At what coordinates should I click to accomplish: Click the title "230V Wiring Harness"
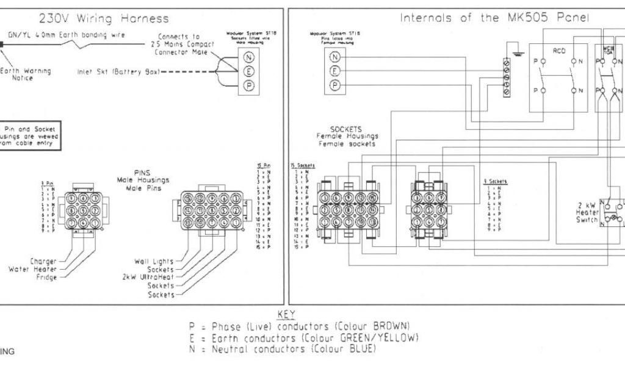104,19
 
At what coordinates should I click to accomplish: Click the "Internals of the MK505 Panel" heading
494,18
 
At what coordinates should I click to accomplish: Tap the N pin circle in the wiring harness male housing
249,57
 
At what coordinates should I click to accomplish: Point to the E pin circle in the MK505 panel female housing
334,71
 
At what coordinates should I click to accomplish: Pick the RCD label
559,51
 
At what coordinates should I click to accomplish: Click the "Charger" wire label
43,261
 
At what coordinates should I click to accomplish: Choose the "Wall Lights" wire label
153,261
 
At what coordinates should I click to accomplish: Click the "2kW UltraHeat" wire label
148,277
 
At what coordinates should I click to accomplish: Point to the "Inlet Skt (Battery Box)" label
118,72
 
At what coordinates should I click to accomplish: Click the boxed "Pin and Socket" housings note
31,136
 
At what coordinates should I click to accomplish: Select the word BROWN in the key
391,325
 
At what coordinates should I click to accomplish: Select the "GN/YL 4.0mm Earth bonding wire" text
67,35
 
